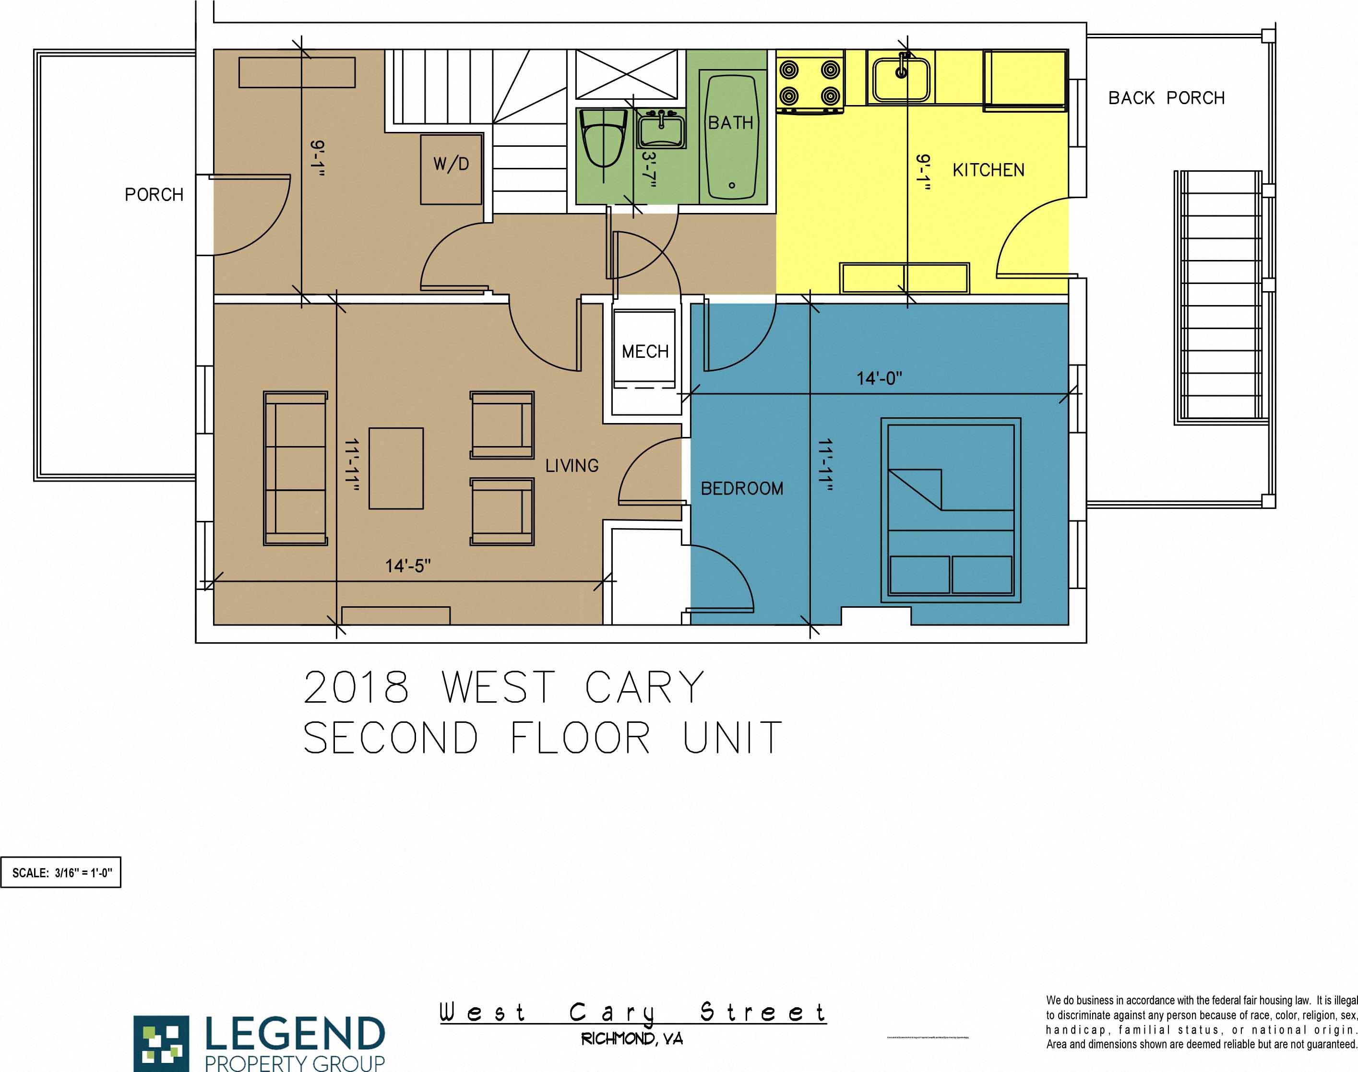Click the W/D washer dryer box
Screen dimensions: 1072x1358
click(451, 168)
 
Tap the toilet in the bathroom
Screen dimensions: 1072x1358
click(602, 138)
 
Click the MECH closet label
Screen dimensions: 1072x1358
click(645, 352)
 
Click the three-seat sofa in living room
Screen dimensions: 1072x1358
click(295, 468)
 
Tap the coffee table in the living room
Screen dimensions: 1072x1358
click(395, 468)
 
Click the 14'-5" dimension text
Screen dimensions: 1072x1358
click(407, 566)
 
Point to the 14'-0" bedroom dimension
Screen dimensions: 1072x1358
click(879, 378)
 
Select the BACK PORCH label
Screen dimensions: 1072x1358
click(1166, 98)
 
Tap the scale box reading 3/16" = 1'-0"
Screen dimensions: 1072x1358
click(61, 872)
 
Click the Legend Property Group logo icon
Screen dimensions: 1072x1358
click(161, 1042)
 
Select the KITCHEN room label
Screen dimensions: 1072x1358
click(988, 170)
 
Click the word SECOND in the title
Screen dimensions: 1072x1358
click(391, 738)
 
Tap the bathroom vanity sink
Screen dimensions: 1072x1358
click(661, 130)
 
